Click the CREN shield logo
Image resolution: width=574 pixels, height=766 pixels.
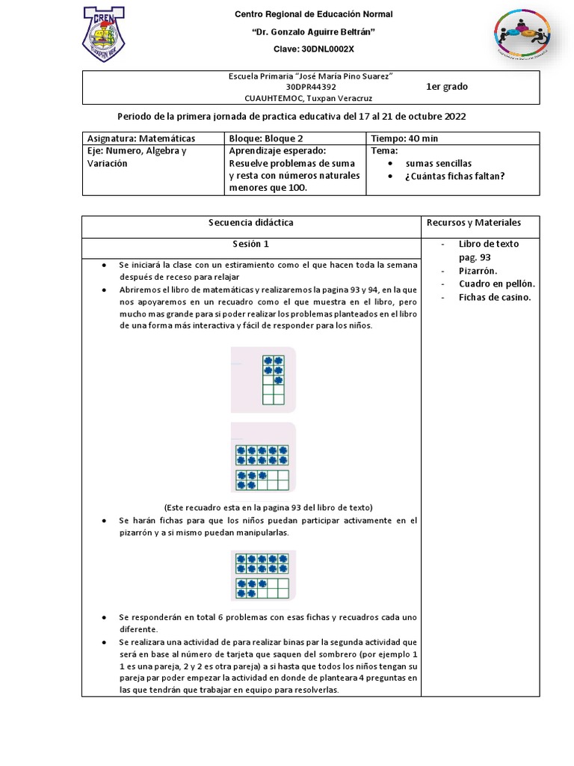(104, 34)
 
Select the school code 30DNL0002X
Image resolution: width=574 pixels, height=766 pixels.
(313, 49)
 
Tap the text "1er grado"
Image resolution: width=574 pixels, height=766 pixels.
(447, 87)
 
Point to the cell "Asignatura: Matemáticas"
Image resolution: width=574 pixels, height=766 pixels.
(141, 138)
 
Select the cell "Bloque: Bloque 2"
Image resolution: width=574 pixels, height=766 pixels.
(267, 138)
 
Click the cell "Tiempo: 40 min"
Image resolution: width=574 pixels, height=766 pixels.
(407, 138)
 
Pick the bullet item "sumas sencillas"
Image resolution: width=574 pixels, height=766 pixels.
(438, 163)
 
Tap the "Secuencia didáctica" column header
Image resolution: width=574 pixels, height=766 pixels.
(250, 223)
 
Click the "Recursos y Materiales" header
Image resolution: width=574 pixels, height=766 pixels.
(473, 223)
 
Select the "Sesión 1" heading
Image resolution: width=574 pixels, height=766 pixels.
(250, 244)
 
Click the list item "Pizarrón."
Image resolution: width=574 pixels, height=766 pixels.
(478, 271)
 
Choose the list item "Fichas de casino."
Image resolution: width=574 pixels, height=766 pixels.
(494, 297)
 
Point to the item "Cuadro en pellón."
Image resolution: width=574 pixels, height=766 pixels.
(496, 284)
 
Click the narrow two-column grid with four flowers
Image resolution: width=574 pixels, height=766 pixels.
(273, 380)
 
